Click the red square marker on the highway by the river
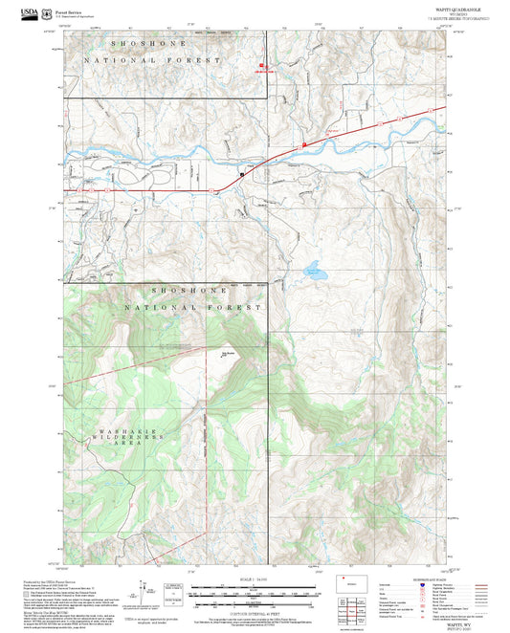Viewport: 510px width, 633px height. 304,144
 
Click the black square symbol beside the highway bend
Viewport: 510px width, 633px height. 241,174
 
